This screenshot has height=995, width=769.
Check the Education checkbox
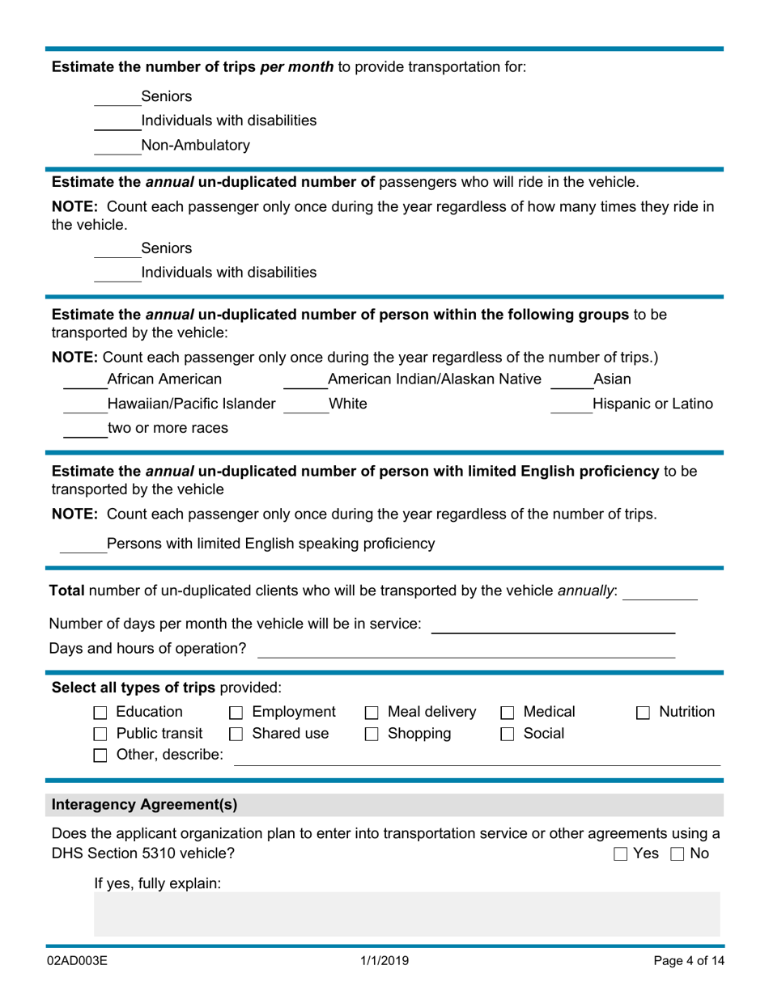(100, 713)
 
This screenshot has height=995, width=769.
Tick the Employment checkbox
(236, 713)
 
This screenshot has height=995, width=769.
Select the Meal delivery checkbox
(372, 713)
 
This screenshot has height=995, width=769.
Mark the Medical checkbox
(508, 713)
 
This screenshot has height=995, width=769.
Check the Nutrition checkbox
(643, 713)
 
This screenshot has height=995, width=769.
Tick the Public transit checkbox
(100, 735)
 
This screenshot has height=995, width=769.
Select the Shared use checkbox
(236, 735)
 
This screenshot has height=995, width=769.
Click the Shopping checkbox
(372, 735)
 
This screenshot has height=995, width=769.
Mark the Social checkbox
(508, 735)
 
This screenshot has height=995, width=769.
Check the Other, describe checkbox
(100, 756)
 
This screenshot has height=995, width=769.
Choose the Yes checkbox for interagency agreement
(621, 854)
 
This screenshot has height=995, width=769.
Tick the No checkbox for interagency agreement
(678, 854)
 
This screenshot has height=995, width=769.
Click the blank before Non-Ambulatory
(117, 148)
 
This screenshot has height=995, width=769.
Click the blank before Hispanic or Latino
(571, 407)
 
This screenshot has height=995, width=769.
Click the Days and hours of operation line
(465, 651)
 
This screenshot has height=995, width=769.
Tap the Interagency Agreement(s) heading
(145, 805)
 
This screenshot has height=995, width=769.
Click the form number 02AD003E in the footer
(78, 961)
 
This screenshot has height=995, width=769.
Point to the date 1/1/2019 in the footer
(384, 961)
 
